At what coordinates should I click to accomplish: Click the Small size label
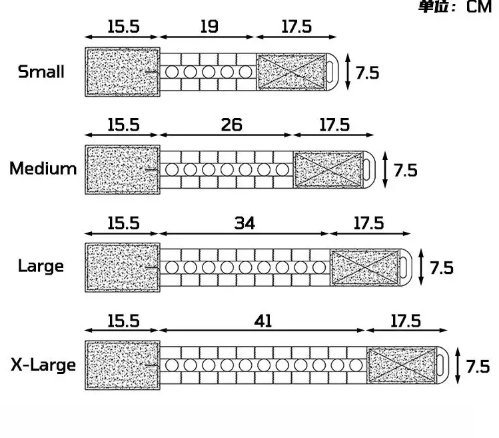click(41, 72)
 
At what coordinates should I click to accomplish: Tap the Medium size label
click(43, 169)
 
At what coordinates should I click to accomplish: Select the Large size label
click(41, 266)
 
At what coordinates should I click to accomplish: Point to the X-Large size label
click(43, 365)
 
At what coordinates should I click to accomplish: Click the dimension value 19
click(209, 27)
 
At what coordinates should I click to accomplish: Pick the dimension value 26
click(232, 125)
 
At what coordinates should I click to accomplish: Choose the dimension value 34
click(245, 223)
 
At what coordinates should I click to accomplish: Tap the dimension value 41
click(263, 321)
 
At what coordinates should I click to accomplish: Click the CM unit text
click(479, 7)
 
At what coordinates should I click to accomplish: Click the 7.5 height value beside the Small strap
click(368, 73)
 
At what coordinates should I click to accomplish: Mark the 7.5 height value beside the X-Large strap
click(478, 367)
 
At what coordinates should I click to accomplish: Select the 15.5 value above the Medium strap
click(123, 125)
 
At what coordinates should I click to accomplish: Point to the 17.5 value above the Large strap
click(369, 223)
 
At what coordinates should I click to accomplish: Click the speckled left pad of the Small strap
click(123, 72)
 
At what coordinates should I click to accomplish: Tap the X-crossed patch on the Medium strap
click(328, 170)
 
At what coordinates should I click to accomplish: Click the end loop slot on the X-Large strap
click(440, 365)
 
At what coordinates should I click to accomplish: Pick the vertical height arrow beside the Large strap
click(421, 267)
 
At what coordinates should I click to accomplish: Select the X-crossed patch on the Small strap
click(291, 72)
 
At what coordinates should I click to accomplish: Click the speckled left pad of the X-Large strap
click(123, 365)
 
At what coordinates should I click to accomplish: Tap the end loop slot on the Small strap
click(330, 72)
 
